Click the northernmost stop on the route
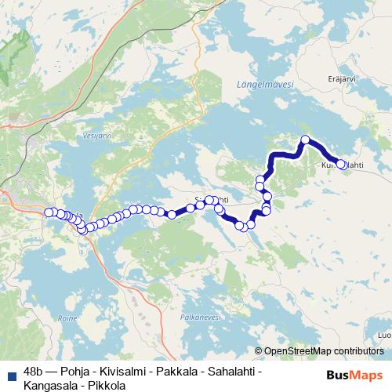point(306,141)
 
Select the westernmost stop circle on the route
point(49,212)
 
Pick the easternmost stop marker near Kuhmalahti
point(341,165)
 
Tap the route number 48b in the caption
point(34,370)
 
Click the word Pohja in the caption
point(83,370)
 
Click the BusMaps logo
point(355,376)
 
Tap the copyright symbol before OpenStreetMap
point(260,350)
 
